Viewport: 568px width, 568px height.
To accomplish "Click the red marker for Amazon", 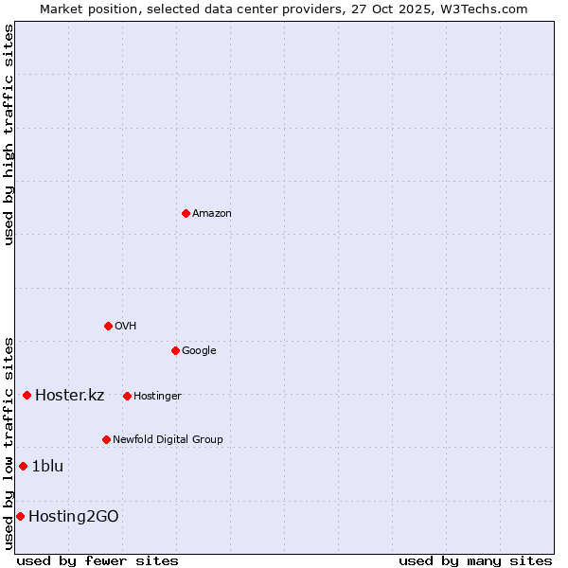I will click(186, 213).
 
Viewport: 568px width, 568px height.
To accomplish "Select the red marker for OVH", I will click(108, 326).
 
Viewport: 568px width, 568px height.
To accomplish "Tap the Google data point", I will click(175, 350).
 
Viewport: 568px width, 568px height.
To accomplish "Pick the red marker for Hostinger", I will click(127, 396).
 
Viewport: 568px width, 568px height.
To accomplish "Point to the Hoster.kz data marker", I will click(27, 395).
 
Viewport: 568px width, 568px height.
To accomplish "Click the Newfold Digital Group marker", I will click(106, 439).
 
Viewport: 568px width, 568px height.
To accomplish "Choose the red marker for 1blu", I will click(23, 466).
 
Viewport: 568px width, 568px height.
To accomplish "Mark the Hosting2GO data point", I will click(20, 516).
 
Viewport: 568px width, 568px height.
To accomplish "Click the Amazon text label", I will click(212, 214).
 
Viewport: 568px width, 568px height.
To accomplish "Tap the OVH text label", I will click(126, 327).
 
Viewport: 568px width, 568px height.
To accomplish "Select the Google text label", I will click(199, 351).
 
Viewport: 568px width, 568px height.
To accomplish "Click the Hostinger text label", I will click(157, 397).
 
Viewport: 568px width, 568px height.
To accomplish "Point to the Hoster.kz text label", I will click(69, 396).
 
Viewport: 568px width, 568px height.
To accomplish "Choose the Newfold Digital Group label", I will click(168, 440).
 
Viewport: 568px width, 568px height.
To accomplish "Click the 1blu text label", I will click(47, 467).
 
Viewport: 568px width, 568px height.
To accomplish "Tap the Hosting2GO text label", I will click(74, 517).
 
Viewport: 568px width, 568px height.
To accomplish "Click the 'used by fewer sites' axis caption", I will click(98, 560).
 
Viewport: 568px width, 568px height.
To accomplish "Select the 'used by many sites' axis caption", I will click(475, 560).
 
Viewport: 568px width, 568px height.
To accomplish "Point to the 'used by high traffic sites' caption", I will click(9, 134).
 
